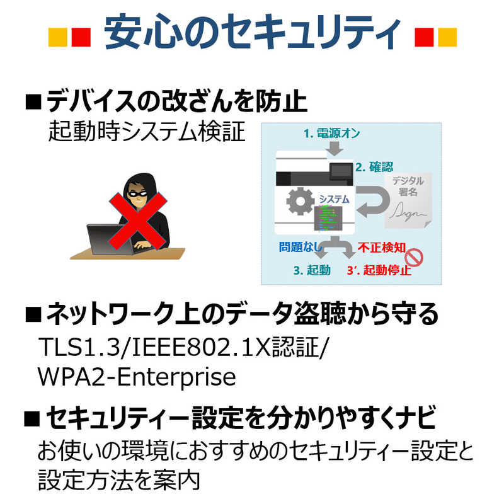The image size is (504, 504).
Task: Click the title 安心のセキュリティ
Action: click(253, 32)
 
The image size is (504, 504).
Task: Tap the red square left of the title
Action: click(81, 37)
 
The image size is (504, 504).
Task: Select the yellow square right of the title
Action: click(447, 37)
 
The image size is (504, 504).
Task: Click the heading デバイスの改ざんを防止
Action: click(176, 101)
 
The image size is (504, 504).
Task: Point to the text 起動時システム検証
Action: click(147, 132)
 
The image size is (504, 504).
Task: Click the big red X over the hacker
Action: click(137, 221)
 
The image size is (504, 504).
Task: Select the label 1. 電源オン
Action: click(332, 134)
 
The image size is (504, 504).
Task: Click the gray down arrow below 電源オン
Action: click(335, 148)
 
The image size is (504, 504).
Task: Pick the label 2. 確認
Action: click(374, 167)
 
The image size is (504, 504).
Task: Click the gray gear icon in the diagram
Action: click(301, 201)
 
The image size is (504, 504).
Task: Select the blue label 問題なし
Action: click(301, 247)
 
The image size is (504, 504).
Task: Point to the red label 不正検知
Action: click(382, 247)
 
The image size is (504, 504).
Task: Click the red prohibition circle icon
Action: click(414, 258)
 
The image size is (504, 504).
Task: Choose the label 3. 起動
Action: click(312, 270)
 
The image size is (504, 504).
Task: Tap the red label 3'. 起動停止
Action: click(379, 270)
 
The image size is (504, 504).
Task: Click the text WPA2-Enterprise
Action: click(137, 376)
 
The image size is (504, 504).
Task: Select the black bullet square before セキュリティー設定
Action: click(32, 418)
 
